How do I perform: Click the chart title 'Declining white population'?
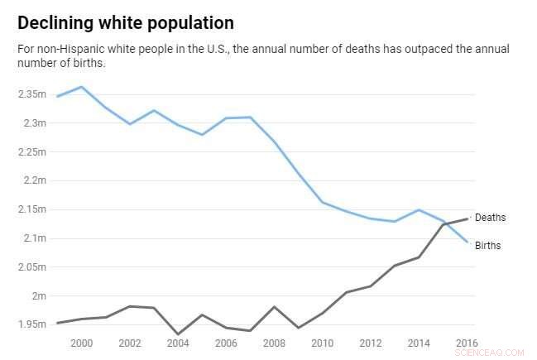coord(125,22)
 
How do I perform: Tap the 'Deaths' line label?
coord(490,218)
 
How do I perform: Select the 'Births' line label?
coord(487,246)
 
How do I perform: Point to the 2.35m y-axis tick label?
coord(31,94)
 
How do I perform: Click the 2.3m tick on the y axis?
coord(34,123)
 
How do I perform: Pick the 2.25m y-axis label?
coord(31,152)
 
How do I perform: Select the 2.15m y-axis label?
coord(31,209)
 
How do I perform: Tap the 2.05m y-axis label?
coord(31,266)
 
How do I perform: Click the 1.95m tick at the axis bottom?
coord(31,324)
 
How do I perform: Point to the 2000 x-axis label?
coord(81,343)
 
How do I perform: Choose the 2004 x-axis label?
coord(178,343)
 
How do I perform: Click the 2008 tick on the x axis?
coord(275,343)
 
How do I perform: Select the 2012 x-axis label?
coord(372,343)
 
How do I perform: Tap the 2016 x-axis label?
coord(467,343)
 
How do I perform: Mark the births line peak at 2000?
coord(81,87)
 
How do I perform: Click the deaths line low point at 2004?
coord(178,334)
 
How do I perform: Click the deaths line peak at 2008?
coord(275,307)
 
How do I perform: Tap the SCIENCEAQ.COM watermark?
coord(501,351)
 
